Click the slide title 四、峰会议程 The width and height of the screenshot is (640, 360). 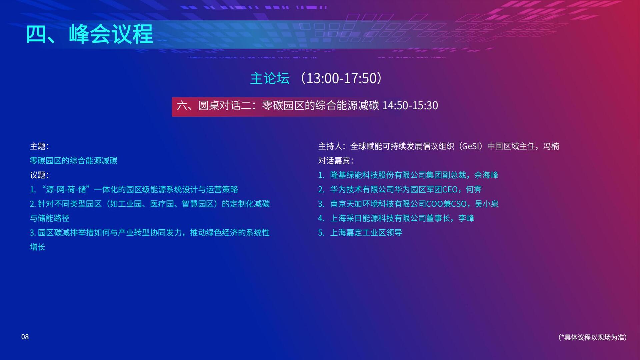(x=89, y=34)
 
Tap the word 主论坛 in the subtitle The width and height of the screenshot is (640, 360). (x=270, y=78)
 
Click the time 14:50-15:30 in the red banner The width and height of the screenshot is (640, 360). (x=410, y=105)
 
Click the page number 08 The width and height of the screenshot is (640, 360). (x=25, y=337)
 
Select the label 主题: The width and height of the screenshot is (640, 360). (x=39, y=146)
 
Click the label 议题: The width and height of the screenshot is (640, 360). (x=39, y=175)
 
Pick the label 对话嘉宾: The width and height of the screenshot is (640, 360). (x=336, y=161)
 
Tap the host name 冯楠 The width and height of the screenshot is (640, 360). (x=551, y=146)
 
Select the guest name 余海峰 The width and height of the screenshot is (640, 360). (x=486, y=175)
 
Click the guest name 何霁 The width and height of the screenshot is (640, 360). (x=474, y=189)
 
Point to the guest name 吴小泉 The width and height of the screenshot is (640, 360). (x=487, y=204)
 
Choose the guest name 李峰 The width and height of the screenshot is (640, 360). (x=466, y=218)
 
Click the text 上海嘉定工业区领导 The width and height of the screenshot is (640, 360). (x=366, y=232)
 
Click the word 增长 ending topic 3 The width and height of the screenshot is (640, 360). (x=38, y=247)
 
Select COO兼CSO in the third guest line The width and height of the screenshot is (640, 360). (x=446, y=204)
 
